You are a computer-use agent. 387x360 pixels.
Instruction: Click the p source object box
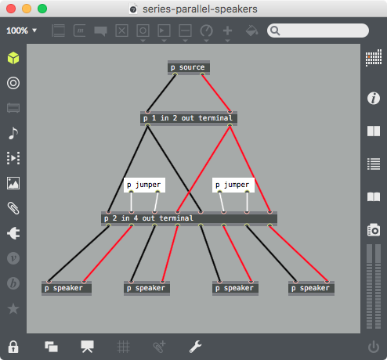pos(189,67)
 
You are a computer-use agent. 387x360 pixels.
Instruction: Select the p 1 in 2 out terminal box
pos(189,118)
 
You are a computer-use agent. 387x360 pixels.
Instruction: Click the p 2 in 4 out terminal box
pos(189,218)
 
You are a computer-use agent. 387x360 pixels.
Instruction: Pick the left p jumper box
pos(144,185)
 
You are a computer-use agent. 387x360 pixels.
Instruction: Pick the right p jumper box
pos(233,185)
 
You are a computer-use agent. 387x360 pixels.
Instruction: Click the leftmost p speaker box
pos(67,288)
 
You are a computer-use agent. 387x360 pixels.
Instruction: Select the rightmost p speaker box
pos(311,288)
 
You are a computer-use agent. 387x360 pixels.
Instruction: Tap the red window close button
pos(11,9)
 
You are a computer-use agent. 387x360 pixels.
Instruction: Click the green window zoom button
pos(42,9)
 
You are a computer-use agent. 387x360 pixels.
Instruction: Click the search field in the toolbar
pos(318,31)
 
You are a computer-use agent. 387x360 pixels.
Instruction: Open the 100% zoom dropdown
pos(21,31)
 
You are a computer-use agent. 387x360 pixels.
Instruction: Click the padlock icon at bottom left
pos(13,347)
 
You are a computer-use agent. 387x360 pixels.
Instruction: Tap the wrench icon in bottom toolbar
pos(195,347)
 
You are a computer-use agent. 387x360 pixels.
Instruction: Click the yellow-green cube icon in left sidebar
pos(13,58)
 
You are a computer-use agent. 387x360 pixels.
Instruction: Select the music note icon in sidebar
pos(13,133)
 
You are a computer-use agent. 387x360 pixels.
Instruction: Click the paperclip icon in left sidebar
pos(13,208)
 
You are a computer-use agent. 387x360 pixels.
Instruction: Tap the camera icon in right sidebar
pos(374,230)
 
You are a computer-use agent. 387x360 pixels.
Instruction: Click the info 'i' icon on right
pos(374,99)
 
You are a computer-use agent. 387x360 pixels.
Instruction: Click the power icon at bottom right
pos(374,347)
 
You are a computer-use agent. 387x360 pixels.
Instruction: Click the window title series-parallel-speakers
pos(200,9)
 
